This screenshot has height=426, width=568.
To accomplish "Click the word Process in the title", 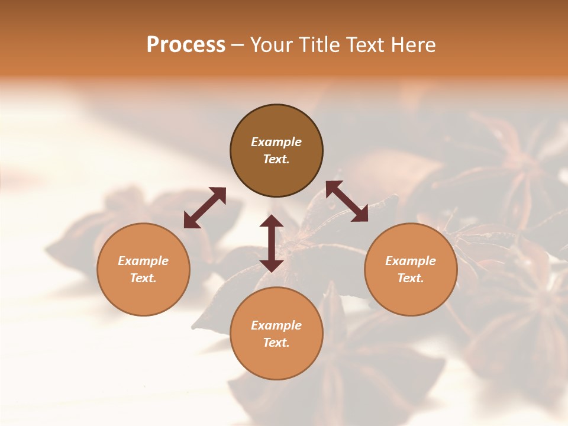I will [x=186, y=45].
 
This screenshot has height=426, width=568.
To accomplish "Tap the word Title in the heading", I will [x=319, y=45].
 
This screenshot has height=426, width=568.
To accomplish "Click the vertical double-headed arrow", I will [x=272, y=243].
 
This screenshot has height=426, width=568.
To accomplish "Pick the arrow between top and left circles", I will [x=205, y=208].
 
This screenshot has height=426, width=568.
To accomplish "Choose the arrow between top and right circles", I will [x=347, y=201].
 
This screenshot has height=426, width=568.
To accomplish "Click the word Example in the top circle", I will [x=276, y=142].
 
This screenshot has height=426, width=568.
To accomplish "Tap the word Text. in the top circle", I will [x=276, y=159].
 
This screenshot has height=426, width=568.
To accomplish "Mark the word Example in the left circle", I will [x=143, y=261].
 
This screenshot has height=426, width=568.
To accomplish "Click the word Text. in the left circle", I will [x=143, y=278].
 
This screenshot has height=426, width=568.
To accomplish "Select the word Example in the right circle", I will [x=411, y=261].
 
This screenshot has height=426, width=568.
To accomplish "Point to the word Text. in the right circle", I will [x=411, y=278].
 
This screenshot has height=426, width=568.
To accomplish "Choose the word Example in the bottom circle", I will [x=276, y=325].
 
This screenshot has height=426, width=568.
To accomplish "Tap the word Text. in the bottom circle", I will [x=276, y=343].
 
